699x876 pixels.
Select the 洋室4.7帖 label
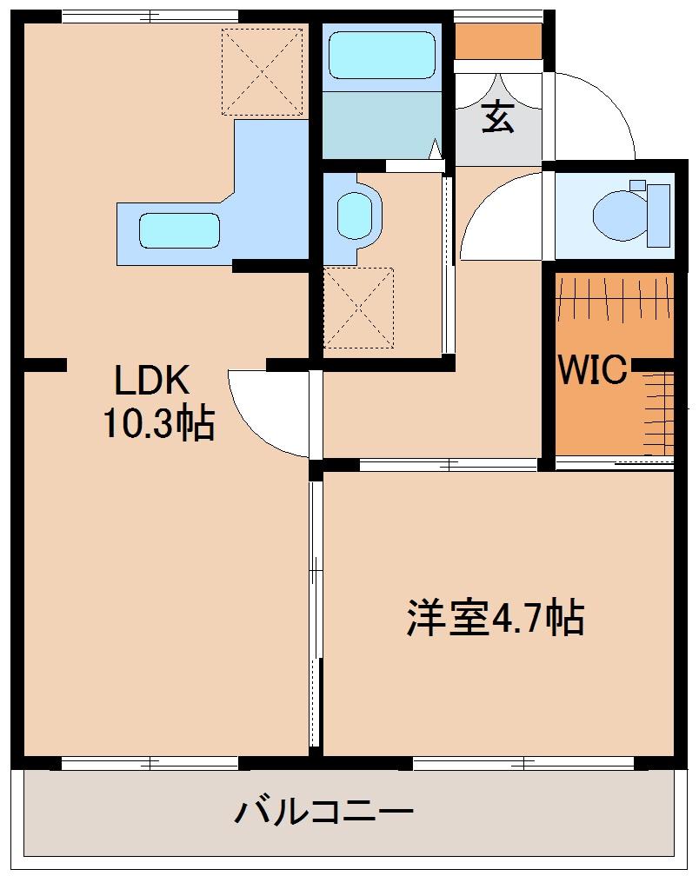(494, 619)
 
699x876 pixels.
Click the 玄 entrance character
(498, 116)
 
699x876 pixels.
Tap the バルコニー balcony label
(323, 813)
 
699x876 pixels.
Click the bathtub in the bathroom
(382, 56)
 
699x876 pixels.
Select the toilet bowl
(618, 213)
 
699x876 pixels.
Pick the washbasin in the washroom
(354, 214)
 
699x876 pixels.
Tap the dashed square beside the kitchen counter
(262, 72)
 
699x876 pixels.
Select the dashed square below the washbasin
(358, 308)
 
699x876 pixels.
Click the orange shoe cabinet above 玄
(498, 40)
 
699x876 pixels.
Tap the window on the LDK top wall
(150, 16)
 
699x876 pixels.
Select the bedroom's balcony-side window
(523, 764)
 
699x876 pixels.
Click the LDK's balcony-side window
(150, 764)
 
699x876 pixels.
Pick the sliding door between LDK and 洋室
(315, 608)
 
